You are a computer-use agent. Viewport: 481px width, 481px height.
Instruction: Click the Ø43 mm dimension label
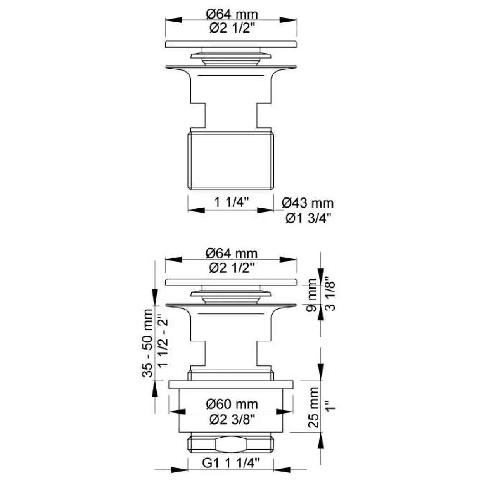click(x=308, y=203)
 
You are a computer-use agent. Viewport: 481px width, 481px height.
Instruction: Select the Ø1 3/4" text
click(x=308, y=219)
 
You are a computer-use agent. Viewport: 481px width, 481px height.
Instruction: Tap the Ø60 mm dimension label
click(x=232, y=404)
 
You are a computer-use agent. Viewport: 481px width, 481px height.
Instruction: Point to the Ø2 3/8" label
click(x=232, y=420)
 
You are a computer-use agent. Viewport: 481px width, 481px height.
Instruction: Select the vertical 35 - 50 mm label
click(x=147, y=343)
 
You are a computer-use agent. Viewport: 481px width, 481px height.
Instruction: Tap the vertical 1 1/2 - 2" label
click(x=163, y=343)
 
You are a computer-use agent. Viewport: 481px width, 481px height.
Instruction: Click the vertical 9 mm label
click(x=312, y=295)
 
